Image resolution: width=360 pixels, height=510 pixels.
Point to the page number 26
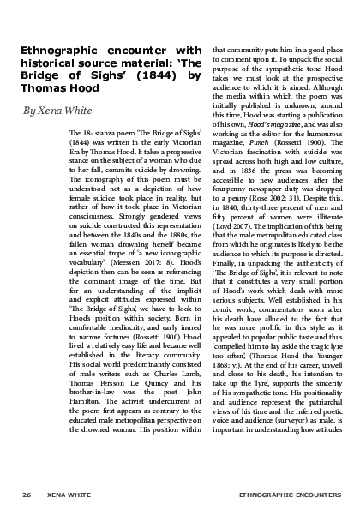point(27,495)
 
